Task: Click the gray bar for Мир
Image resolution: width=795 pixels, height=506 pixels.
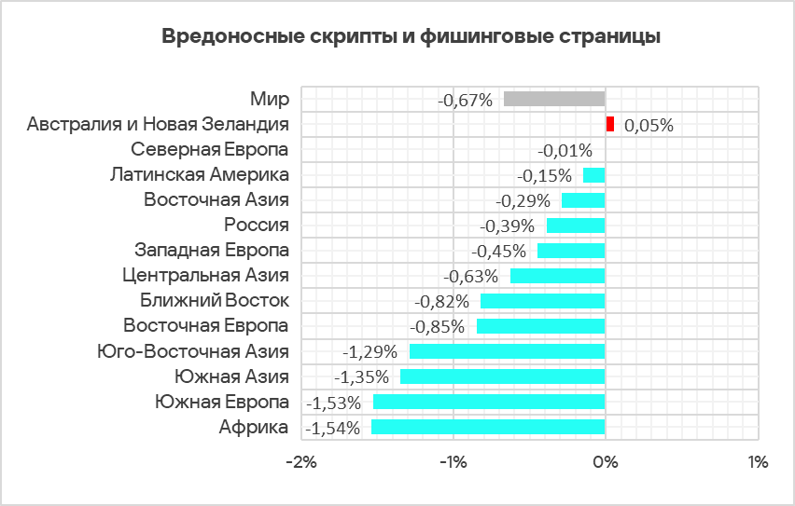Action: (x=553, y=99)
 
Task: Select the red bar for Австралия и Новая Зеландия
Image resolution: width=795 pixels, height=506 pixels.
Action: (x=609, y=124)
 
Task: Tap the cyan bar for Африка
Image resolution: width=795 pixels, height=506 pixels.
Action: (x=488, y=427)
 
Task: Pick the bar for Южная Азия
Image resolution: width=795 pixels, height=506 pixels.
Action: (x=502, y=376)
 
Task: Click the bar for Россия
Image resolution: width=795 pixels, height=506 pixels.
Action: (x=575, y=225)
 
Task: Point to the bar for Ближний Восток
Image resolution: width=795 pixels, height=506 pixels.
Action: (x=542, y=301)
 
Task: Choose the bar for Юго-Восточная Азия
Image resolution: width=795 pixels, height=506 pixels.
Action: (x=507, y=351)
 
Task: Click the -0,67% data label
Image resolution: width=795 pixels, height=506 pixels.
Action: (x=465, y=100)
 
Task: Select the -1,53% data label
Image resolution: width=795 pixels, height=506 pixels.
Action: (x=334, y=403)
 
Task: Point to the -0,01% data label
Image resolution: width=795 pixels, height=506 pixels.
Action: (x=565, y=150)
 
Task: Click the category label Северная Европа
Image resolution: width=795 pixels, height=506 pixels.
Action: (x=210, y=149)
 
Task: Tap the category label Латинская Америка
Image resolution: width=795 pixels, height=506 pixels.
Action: (x=199, y=174)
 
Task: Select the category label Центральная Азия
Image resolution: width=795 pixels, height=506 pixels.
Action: (x=205, y=275)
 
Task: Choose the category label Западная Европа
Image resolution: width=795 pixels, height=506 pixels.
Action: (x=212, y=250)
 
